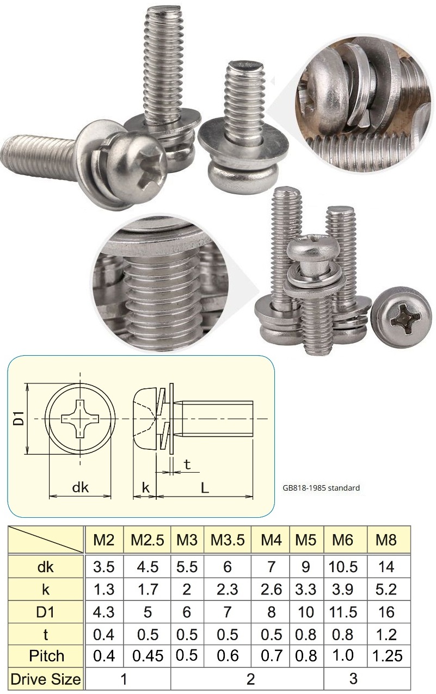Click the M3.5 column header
[228, 540]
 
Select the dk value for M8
[386, 567]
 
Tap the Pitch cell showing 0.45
[147, 656]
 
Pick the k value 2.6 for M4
[271, 589]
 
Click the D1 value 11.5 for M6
[344, 612]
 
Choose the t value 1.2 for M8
[386, 634]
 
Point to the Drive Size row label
[46, 679]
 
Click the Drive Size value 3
[353, 679]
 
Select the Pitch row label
[46, 656]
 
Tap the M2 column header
[104, 540]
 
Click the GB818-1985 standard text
[321, 488]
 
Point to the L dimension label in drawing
[205, 488]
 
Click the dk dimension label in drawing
[80, 487]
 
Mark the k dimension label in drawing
[145, 487]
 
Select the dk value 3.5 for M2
[104, 567]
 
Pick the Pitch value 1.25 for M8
[386, 656]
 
